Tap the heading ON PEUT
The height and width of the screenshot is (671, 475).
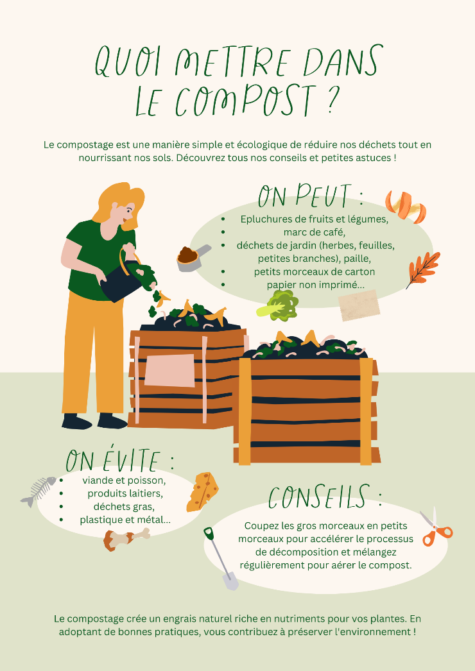click(311, 196)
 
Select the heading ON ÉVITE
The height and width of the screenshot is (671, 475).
click(120, 460)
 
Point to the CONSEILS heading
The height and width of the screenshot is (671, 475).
click(325, 497)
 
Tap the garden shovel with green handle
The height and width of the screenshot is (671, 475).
click(221, 559)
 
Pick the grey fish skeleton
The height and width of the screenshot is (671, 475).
click(38, 491)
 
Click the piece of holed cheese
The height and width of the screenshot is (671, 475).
click(202, 492)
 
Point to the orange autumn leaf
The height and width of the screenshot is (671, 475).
click(423, 269)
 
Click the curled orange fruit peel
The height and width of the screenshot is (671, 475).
click(406, 207)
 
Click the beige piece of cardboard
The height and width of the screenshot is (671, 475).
click(359, 305)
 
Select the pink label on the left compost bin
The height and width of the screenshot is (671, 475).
click(170, 371)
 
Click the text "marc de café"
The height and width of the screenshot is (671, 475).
click(314, 232)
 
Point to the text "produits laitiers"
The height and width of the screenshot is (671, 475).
click(125, 493)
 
